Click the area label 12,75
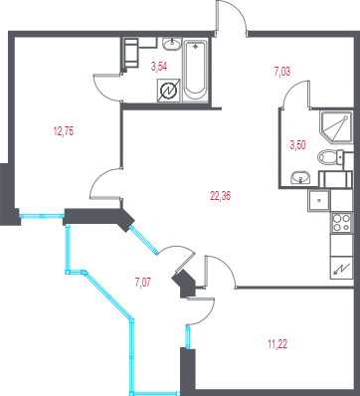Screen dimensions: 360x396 [x=64, y=131]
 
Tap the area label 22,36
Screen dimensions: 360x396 [x=220, y=196]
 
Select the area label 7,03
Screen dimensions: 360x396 [x=282, y=72]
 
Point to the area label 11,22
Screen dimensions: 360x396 [x=277, y=344]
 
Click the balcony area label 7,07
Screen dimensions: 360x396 [x=143, y=283]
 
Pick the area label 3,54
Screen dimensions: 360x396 [x=159, y=67]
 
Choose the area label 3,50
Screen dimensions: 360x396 [x=297, y=145]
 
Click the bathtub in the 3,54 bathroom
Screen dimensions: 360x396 [x=195, y=70]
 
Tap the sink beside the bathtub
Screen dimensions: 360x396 [x=172, y=45]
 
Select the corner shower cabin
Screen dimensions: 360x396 [x=336, y=127]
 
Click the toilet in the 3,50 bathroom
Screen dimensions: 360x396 [x=330, y=157]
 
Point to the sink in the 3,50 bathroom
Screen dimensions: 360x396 [x=300, y=177]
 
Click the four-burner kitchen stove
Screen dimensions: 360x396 [x=341, y=223]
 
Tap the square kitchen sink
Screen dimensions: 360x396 [x=318, y=201]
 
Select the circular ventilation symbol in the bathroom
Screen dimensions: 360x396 [x=168, y=90]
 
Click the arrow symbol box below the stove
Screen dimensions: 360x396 [x=341, y=268]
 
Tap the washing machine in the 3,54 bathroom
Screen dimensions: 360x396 [x=131, y=53]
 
